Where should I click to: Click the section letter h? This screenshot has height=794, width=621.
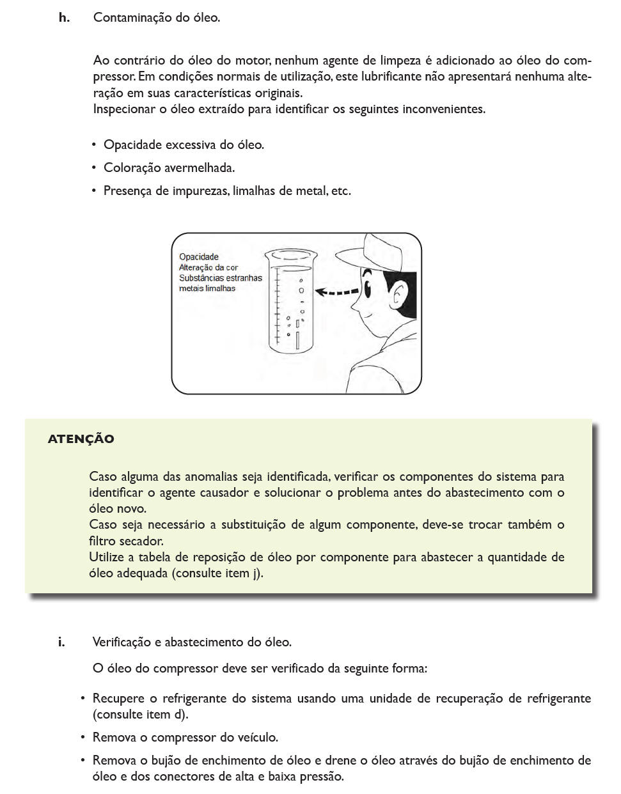point(64,18)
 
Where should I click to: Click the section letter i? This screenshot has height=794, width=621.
point(61,642)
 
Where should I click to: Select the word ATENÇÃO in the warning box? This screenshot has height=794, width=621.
point(81,439)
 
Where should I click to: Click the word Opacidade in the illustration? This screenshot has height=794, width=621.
point(198,257)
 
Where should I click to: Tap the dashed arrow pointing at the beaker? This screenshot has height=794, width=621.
point(337,293)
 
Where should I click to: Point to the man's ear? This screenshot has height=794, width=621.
point(400,295)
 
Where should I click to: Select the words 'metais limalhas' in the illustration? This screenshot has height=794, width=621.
point(207,288)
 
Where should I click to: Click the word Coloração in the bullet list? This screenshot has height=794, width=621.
point(132,168)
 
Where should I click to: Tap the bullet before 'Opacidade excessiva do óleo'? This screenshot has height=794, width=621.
point(94,145)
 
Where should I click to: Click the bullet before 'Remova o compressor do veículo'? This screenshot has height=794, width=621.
point(83,738)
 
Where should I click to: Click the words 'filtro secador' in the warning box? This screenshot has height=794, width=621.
point(125,541)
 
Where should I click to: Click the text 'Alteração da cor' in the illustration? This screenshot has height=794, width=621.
point(208,268)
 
